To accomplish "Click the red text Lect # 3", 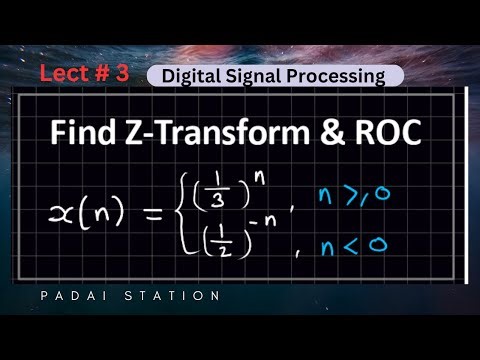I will coord(85,73).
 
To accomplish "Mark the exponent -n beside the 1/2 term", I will coord(260,226).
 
